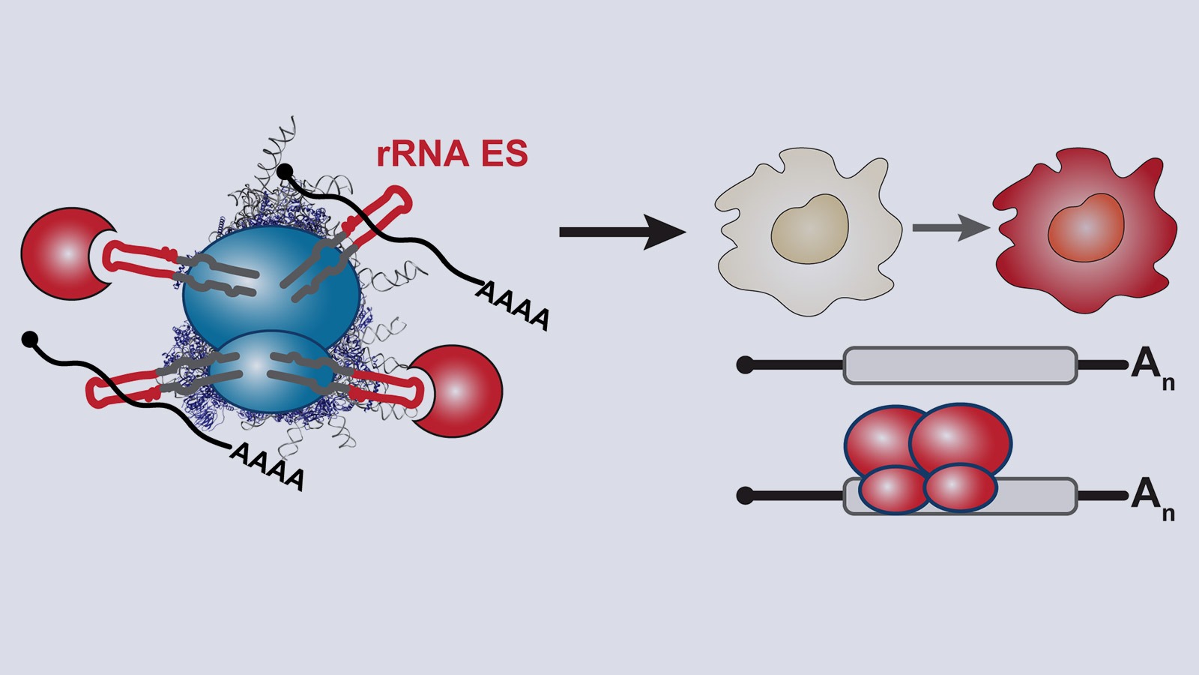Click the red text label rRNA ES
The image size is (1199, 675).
click(452, 154)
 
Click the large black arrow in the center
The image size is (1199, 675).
click(622, 232)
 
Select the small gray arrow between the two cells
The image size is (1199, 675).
click(950, 227)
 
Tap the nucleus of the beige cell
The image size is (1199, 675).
click(810, 229)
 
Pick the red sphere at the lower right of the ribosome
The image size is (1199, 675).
click(459, 390)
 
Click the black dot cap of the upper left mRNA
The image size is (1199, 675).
click(284, 173)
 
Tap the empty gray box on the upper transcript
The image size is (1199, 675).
click(960, 365)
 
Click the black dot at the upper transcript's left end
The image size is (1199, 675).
click(745, 365)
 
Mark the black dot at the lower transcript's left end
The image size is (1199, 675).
click(745, 496)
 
